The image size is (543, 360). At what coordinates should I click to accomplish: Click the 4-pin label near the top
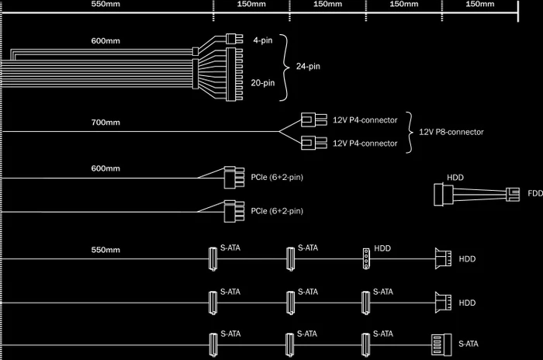(x=262, y=40)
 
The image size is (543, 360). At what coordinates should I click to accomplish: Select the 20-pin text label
(x=262, y=83)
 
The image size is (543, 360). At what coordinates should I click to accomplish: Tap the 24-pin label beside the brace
(x=308, y=66)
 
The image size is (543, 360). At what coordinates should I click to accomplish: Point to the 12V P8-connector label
(x=451, y=132)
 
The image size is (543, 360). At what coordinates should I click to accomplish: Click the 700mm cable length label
(x=105, y=123)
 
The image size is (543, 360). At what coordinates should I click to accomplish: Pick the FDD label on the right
(x=535, y=193)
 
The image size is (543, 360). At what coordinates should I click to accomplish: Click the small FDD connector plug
(x=513, y=195)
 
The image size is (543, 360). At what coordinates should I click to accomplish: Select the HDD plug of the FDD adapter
(x=443, y=195)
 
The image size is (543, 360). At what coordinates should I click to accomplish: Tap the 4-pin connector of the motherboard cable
(x=234, y=39)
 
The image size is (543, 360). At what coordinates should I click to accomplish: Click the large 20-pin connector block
(x=234, y=74)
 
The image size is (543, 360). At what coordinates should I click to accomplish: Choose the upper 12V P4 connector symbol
(x=313, y=120)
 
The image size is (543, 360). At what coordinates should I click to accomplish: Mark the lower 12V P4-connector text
(x=365, y=144)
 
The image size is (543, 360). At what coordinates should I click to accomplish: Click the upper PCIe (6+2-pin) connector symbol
(x=234, y=178)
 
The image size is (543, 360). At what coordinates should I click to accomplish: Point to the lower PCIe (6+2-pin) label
(x=277, y=211)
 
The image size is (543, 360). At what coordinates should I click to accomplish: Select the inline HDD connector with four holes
(x=366, y=258)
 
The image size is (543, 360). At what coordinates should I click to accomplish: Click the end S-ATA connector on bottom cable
(x=441, y=344)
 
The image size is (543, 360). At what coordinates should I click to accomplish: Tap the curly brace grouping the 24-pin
(x=285, y=67)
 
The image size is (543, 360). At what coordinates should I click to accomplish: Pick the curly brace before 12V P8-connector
(x=410, y=133)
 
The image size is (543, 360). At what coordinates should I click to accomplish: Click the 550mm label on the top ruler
(x=105, y=4)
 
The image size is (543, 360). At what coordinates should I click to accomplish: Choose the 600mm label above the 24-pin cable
(x=105, y=41)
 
